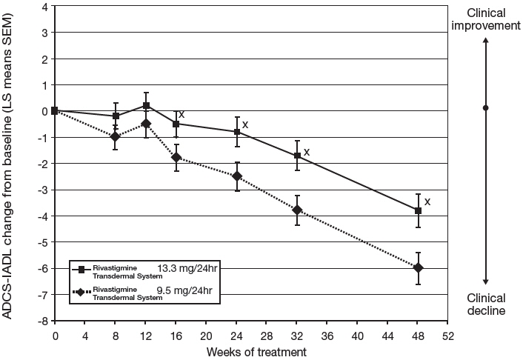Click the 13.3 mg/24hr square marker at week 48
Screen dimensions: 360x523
tap(419, 211)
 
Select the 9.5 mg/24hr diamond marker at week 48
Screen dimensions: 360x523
tap(419, 267)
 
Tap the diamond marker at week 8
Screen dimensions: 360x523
tap(115, 136)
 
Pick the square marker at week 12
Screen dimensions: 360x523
tap(147, 106)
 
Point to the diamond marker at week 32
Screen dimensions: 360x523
tap(298, 210)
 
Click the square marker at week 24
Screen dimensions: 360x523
tap(237, 133)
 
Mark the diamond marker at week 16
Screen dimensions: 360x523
tap(176, 157)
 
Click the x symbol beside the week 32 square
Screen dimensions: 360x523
tap(306, 152)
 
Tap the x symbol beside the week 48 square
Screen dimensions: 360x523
tap(427, 201)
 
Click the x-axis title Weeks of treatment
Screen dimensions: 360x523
tap(251, 352)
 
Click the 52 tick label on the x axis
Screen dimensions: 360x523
tap(448, 336)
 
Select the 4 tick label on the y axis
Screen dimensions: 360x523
tap(45, 7)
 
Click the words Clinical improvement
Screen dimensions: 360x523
tap(484, 19)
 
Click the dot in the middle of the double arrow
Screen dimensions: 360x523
tap(485, 108)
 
